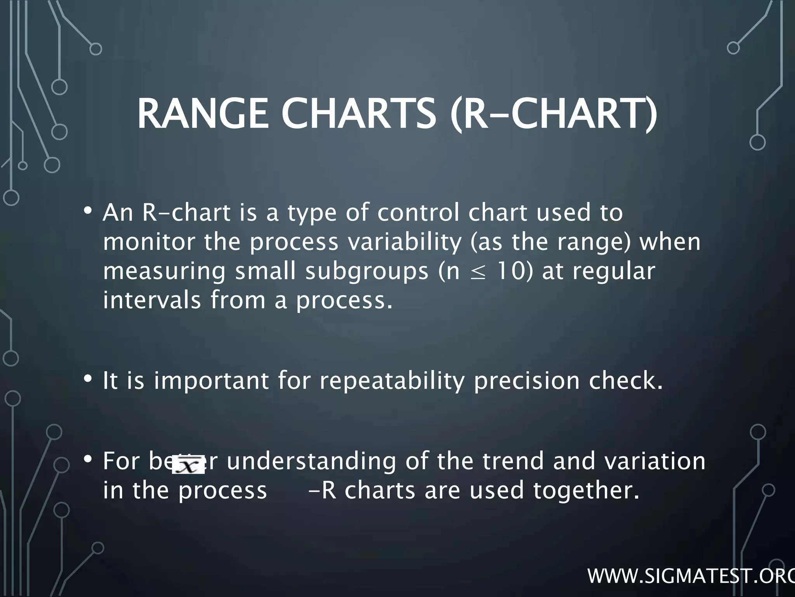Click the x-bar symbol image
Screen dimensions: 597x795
(x=188, y=464)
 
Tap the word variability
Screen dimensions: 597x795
(x=403, y=242)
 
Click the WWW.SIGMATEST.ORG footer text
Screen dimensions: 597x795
(x=691, y=576)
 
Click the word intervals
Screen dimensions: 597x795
(x=152, y=300)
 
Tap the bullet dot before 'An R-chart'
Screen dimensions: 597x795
(x=88, y=211)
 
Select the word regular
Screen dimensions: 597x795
(x=614, y=272)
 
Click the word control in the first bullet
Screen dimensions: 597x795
(x=418, y=213)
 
